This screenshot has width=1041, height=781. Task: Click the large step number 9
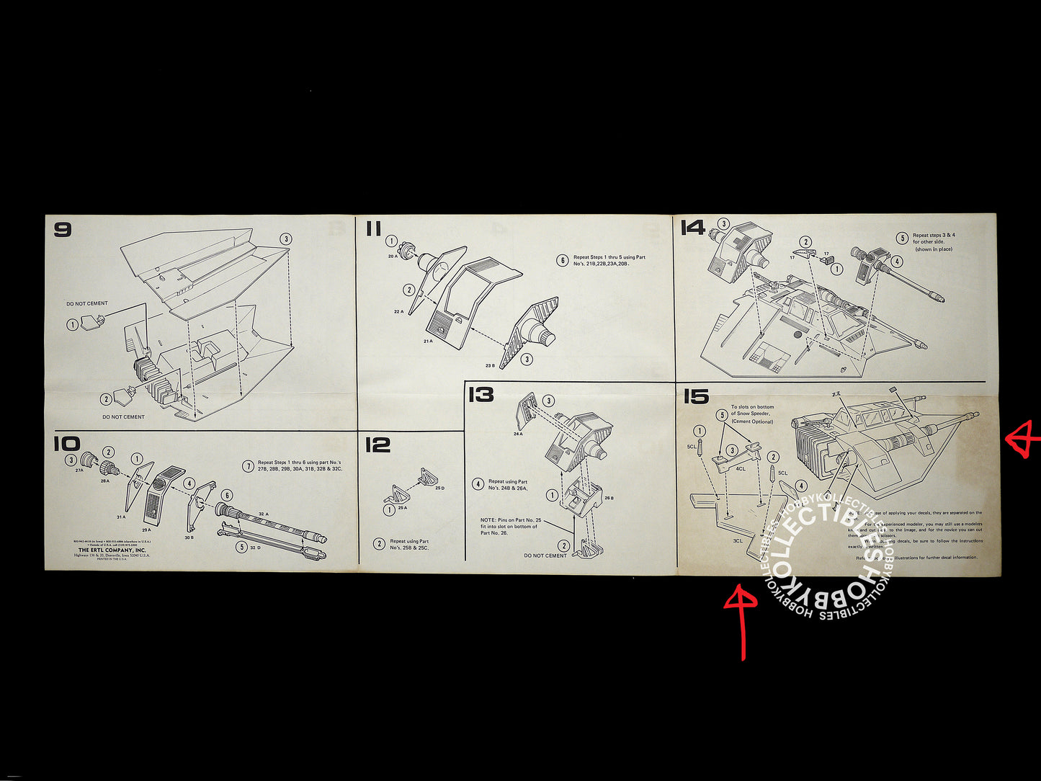[x=63, y=231]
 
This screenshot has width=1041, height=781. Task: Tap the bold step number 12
[x=377, y=445]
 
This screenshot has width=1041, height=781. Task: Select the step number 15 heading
[x=696, y=396]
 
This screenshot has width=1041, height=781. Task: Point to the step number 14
[x=693, y=228]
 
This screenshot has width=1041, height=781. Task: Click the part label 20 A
[x=393, y=256]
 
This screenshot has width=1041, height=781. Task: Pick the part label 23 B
[x=490, y=365]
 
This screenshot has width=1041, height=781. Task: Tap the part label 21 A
[x=427, y=341]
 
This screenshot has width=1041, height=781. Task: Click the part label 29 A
[x=146, y=530]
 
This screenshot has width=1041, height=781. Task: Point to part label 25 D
[x=439, y=488]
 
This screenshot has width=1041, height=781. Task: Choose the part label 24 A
[x=518, y=434]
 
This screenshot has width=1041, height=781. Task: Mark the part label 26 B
[x=609, y=497]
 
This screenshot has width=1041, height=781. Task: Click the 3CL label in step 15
[x=738, y=540]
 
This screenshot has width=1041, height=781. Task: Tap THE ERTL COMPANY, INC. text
[x=112, y=550]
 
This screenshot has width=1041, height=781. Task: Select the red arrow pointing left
[x=1023, y=440]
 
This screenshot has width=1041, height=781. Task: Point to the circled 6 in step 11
[x=562, y=260]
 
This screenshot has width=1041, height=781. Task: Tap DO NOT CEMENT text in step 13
[x=545, y=555]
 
